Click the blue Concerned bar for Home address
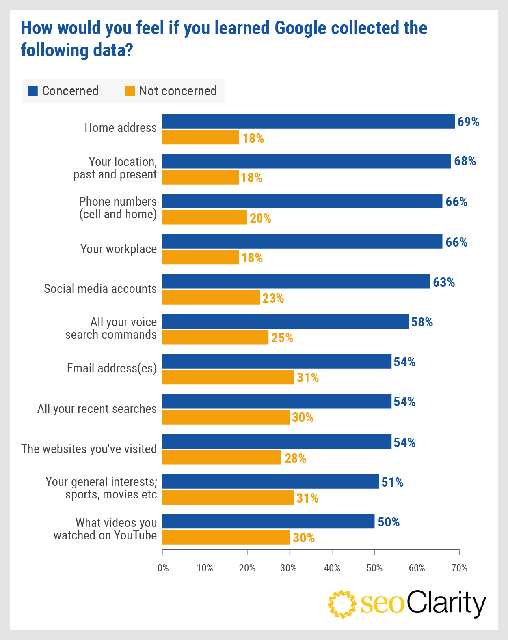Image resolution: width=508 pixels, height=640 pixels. (309, 121)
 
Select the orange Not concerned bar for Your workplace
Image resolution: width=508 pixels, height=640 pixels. (201, 258)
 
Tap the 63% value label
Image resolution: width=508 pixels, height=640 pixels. (443, 282)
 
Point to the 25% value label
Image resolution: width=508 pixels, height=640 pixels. (282, 338)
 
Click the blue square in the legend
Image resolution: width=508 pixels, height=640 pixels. (32, 91)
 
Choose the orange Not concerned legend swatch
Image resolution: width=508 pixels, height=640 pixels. (130, 91)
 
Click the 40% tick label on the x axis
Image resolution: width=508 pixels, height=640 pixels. (332, 568)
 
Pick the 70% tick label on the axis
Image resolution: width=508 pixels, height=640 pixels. (459, 568)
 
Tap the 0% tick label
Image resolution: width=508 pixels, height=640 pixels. (163, 568)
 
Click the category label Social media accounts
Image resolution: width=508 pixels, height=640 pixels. (100, 289)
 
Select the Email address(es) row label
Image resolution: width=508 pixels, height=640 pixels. (112, 368)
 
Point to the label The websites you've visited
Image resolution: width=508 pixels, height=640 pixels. (89, 449)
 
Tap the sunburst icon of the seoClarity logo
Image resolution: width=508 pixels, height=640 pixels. (342, 604)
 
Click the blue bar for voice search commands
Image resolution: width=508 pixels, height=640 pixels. (285, 321)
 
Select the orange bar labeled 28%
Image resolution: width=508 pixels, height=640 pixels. (222, 457)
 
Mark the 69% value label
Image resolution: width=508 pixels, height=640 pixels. (468, 122)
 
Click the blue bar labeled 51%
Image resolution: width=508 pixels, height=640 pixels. (270, 481)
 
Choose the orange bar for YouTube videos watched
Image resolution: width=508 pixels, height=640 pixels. (226, 537)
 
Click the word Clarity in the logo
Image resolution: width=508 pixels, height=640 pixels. (446, 603)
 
